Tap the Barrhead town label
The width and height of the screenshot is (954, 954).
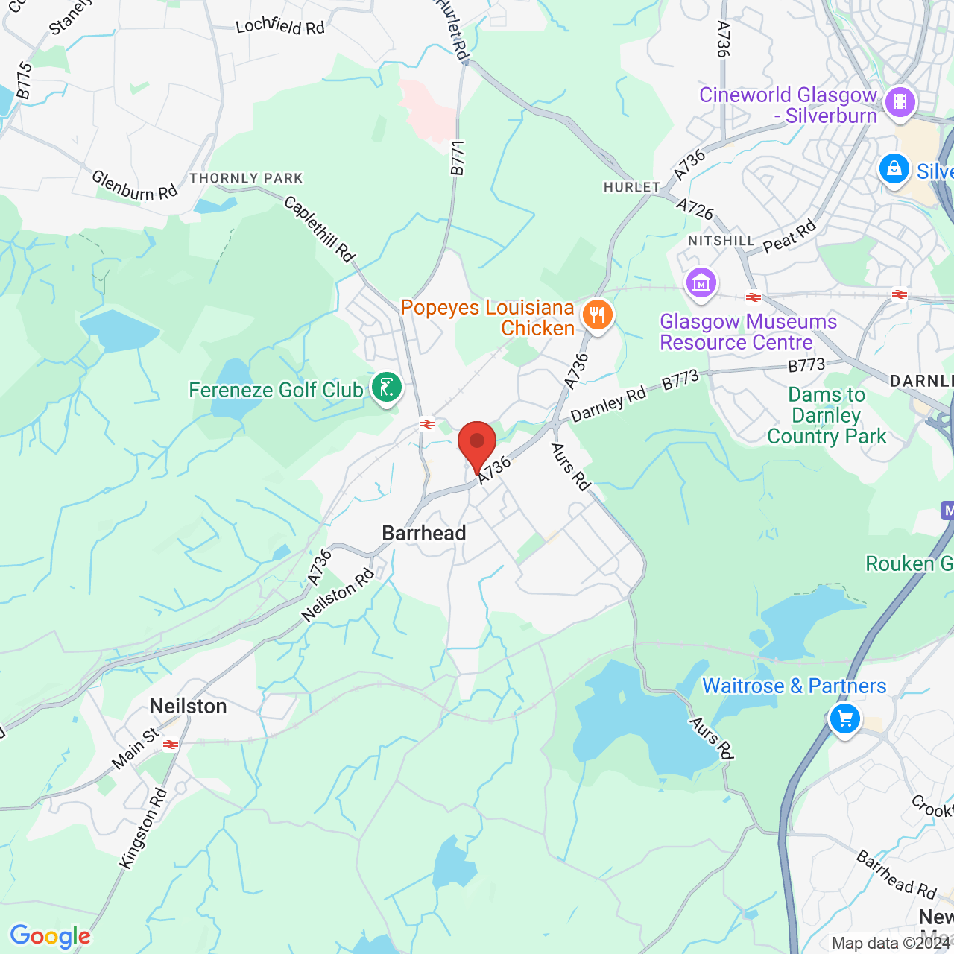(x=424, y=533)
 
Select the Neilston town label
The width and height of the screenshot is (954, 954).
(x=188, y=706)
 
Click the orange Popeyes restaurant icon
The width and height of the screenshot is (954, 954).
(x=597, y=315)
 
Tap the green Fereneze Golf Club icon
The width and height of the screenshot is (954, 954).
(x=386, y=388)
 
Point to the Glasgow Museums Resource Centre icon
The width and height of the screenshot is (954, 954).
(x=701, y=283)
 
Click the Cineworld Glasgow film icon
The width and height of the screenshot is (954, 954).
(x=900, y=102)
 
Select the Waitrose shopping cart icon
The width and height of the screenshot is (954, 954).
(x=844, y=719)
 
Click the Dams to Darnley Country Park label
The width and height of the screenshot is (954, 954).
(x=827, y=415)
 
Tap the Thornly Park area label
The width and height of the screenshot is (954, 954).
(x=246, y=178)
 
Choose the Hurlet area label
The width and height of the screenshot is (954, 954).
(x=632, y=187)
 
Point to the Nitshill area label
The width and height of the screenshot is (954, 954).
(x=721, y=241)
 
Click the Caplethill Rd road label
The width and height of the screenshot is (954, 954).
(x=320, y=229)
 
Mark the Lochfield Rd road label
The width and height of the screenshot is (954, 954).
(x=280, y=26)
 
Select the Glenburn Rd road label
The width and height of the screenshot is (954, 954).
(x=134, y=186)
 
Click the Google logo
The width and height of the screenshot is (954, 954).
(x=50, y=936)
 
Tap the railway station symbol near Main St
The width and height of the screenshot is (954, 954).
(x=171, y=744)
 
